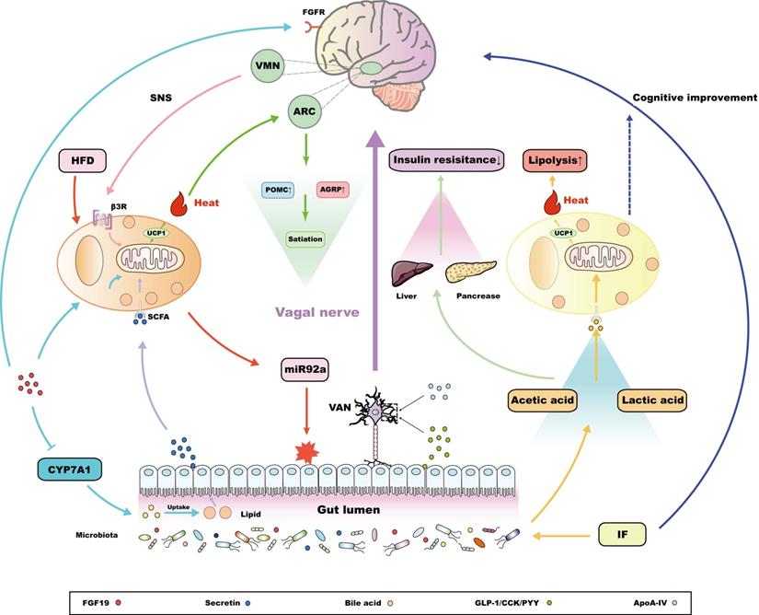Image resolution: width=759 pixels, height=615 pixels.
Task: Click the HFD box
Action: click(83, 159)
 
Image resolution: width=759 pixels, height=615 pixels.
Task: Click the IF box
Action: click(618, 532)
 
